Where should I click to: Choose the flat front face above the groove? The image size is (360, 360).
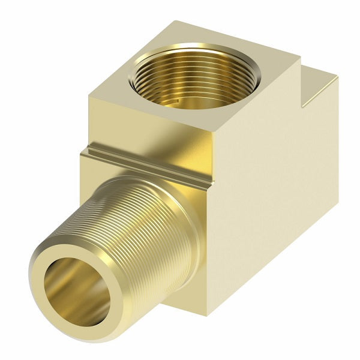click(144, 129)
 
